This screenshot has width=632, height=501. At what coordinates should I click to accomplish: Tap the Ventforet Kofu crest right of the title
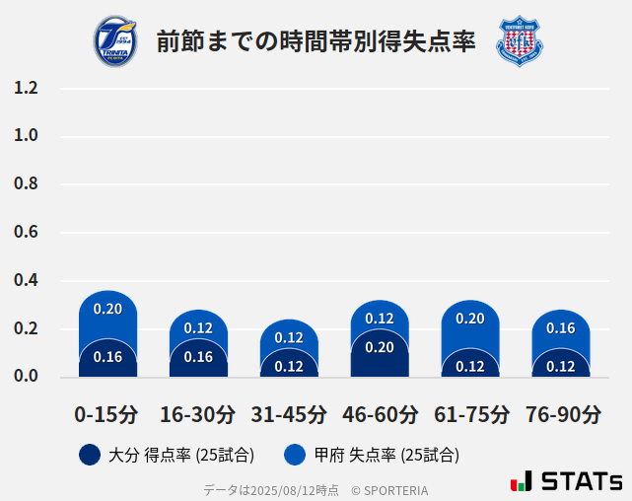[x=519, y=41]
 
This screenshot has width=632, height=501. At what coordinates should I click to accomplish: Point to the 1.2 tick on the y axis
[x=26, y=88]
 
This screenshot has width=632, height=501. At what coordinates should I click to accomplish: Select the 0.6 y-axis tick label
[x=26, y=233]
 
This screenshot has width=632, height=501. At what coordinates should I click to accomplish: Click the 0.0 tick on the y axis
[x=26, y=376]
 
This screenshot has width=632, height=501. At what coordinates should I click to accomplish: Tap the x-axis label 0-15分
[x=107, y=414]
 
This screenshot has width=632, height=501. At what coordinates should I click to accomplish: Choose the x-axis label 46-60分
[x=380, y=414]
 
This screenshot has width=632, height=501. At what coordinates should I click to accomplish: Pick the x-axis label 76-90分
[x=561, y=414]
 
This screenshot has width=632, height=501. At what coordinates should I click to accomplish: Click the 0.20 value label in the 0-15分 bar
[x=107, y=309]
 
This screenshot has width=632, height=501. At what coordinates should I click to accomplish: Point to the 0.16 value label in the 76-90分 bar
[x=561, y=328]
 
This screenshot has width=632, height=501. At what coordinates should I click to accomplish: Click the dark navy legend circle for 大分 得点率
[x=90, y=455]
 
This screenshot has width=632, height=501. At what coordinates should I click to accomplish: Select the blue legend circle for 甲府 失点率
[x=295, y=455]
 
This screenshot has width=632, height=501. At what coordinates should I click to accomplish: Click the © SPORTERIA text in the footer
[x=389, y=489]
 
